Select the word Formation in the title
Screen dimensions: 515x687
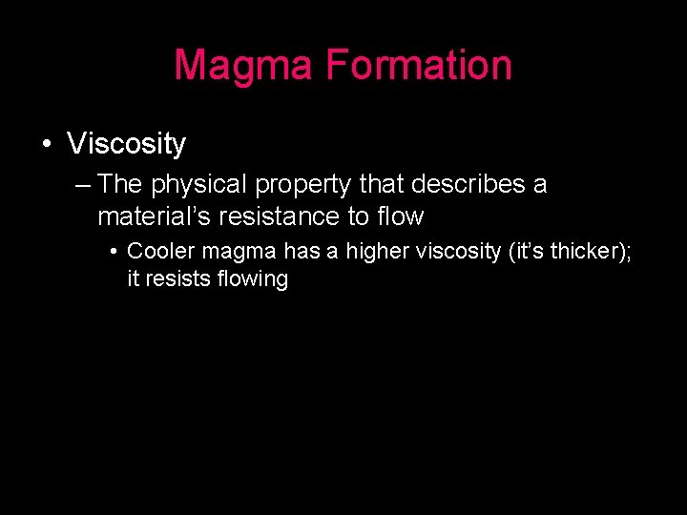click(x=418, y=66)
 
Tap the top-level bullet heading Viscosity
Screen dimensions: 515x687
click(x=127, y=144)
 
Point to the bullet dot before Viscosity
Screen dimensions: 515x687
click(x=46, y=145)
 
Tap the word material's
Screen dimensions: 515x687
click(x=154, y=216)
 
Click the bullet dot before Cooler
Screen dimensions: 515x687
click(x=113, y=253)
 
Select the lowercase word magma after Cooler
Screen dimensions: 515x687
click(x=238, y=252)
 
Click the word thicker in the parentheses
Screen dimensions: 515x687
click(x=582, y=252)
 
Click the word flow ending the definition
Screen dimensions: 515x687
click(x=400, y=216)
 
